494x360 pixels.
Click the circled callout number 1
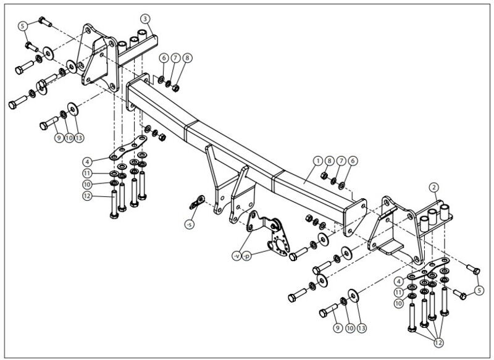pyautogui.click(x=318, y=161)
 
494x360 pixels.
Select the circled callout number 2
pyautogui.click(x=434, y=187)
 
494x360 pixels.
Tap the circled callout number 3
pyautogui.click(x=145, y=19)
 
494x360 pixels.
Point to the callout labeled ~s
pyautogui.click(x=190, y=224)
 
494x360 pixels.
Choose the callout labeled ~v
pyautogui.click(x=237, y=256)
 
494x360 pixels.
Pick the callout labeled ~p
pyautogui.click(x=247, y=256)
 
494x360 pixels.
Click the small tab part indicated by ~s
pyautogui.click(x=198, y=202)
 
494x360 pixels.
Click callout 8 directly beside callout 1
pyautogui.click(x=330, y=161)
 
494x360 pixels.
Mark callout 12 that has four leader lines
pyautogui.click(x=438, y=342)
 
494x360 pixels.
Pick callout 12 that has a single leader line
pyautogui.click(x=87, y=196)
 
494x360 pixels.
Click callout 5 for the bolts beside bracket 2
pyautogui.click(x=479, y=290)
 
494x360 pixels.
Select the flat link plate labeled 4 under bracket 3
pyautogui.click(x=128, y=148)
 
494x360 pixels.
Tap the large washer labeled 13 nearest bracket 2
pyautogui.click(x=354, y=296)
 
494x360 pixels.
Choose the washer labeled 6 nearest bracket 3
pyautogui.click(x=161, y=80)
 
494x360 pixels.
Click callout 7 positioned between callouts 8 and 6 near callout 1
pyautogui.click(x=341, y=161)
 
